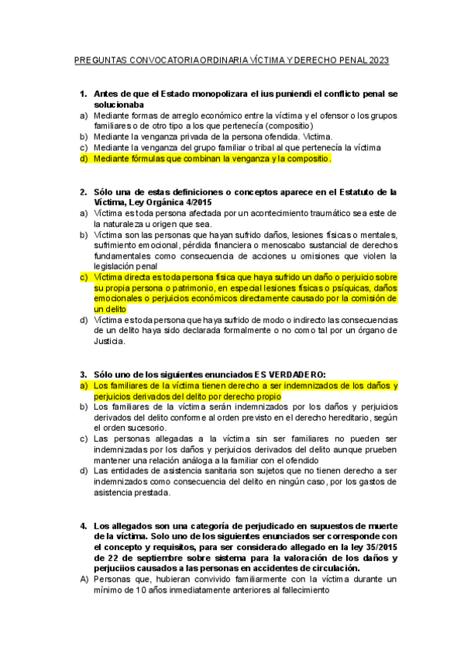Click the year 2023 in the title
coord(380,60)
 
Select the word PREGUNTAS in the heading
coord(98,60)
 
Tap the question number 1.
coord(83,93)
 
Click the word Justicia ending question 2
coord(106,341)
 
